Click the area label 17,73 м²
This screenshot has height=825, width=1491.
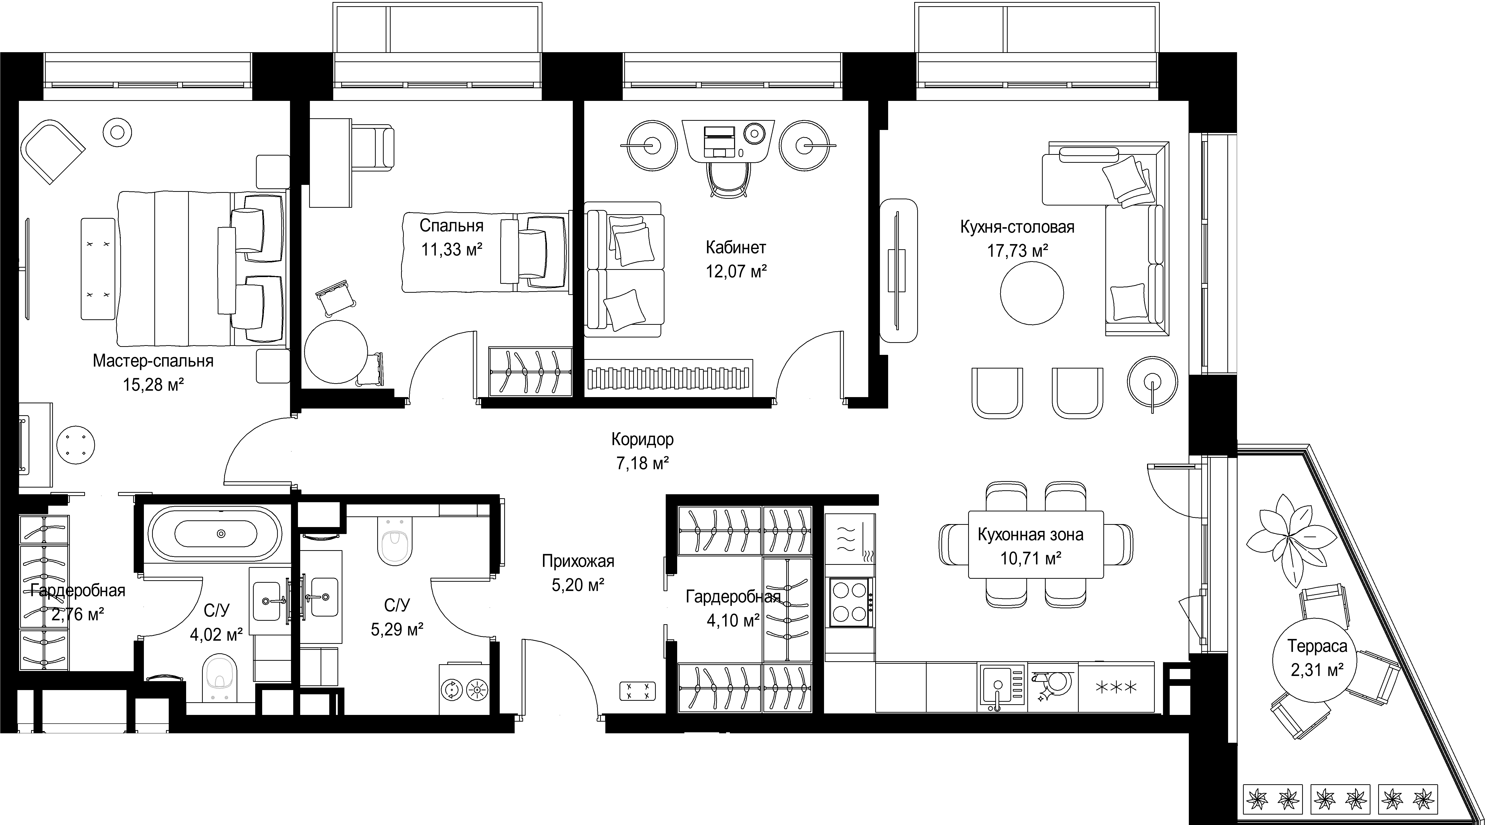pyautogui.click(x=1018, y=251)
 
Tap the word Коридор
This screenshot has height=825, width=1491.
pyautogui.click(x=642, y=439)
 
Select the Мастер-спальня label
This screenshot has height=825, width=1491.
pyautogui.click(x=153, y=361)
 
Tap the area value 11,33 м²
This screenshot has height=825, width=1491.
pyautogui.click(x=452, y=249)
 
